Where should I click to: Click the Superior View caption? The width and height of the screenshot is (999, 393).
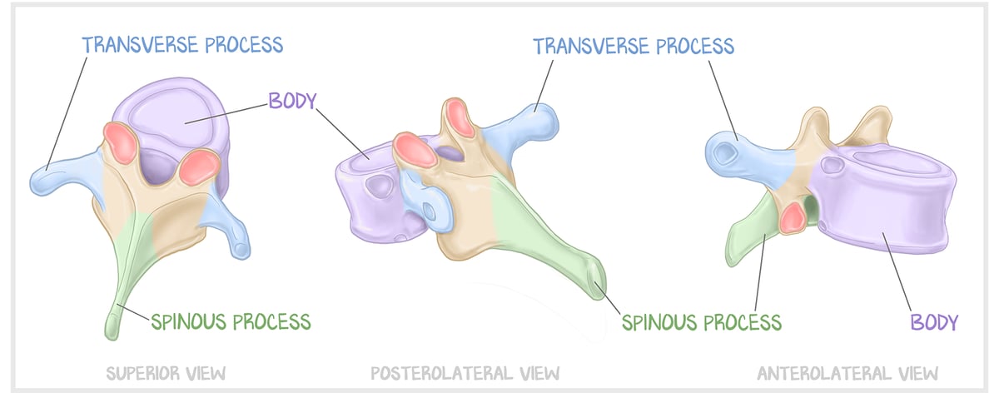166,371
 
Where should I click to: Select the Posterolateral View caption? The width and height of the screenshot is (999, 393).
465,371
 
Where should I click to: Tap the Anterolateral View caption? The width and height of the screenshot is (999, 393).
847,371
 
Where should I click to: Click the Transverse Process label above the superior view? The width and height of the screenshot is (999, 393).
182,43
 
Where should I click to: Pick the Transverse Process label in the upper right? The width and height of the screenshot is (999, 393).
634,45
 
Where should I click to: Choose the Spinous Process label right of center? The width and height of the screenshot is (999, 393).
701,321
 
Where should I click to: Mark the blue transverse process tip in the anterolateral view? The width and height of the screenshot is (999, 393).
722,152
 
